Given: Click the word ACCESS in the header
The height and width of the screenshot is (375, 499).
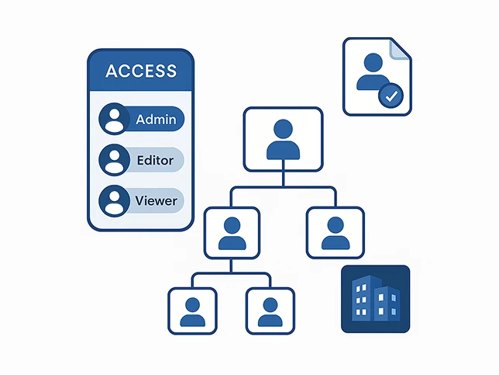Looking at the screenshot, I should pyautogui.click(x=140, y=71).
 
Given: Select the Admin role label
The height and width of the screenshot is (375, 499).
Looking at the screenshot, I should pyautogui.click(x=156, y=120).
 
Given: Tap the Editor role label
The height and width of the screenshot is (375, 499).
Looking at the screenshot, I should pyautogui.click(x=155, y=161).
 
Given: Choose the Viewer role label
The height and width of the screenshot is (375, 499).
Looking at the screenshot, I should pyautogui.click(x=156, y=201).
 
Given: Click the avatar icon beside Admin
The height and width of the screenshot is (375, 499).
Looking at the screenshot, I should pyautogui.click(x=115, y=120).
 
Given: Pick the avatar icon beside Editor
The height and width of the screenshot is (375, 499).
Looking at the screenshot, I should pyautogui.click(x=115, y=161).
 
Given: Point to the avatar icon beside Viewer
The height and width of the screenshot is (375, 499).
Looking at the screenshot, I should pyautogui.click(x=115, y=201).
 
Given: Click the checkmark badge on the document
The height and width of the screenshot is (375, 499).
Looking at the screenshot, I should pyautogui.click(x=391, y=96).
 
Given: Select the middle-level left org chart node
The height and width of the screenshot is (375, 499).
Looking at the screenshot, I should pyautogui.click(x=232, y=232).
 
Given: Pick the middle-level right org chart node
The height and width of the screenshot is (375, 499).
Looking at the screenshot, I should pyautogui.click(x=335, y=232).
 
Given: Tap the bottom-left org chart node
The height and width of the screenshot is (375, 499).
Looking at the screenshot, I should pyautogui.click(x=193, y=310).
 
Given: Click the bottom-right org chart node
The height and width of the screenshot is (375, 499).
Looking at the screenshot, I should pyautogui.click(x=270, y=310).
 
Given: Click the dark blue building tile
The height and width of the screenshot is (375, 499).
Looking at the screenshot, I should pyautogui.click(x=375, y=299).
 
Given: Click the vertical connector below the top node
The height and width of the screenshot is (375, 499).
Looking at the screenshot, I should pyautogui.click(x=282, y=179).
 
